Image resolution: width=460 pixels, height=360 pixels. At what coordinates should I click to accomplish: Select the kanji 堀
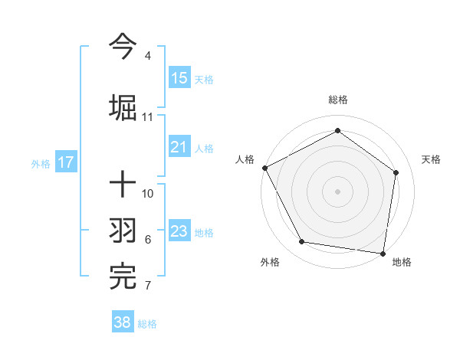point(123,106)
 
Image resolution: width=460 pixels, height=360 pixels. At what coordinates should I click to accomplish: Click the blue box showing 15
point(179,77)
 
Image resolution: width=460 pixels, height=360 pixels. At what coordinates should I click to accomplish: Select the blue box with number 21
point(179,147)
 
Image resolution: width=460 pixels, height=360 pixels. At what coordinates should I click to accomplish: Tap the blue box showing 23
point(179,231)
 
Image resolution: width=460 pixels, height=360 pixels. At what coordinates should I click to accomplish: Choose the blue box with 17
point(65,162)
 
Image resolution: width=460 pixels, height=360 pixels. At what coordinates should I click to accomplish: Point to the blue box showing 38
point(123,322)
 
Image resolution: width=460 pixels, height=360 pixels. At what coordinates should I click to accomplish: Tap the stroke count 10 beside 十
point(148,193)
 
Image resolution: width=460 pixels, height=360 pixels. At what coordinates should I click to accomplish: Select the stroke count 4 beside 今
point(147,56)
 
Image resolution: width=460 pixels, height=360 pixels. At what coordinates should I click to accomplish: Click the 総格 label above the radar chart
point(338,100)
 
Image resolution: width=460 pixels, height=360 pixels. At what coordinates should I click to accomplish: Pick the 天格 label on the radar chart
point(432,159)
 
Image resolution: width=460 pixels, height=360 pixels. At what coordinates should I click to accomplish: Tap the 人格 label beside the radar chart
point(245,159)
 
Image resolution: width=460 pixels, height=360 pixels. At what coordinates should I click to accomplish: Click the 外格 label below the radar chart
point(270,262)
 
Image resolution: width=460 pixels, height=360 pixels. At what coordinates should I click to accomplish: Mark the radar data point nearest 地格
point(383,253)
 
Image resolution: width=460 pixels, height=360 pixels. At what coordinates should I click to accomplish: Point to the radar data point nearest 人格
point(264,168)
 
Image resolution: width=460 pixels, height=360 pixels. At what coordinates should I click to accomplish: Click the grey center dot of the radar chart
point(338,191)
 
